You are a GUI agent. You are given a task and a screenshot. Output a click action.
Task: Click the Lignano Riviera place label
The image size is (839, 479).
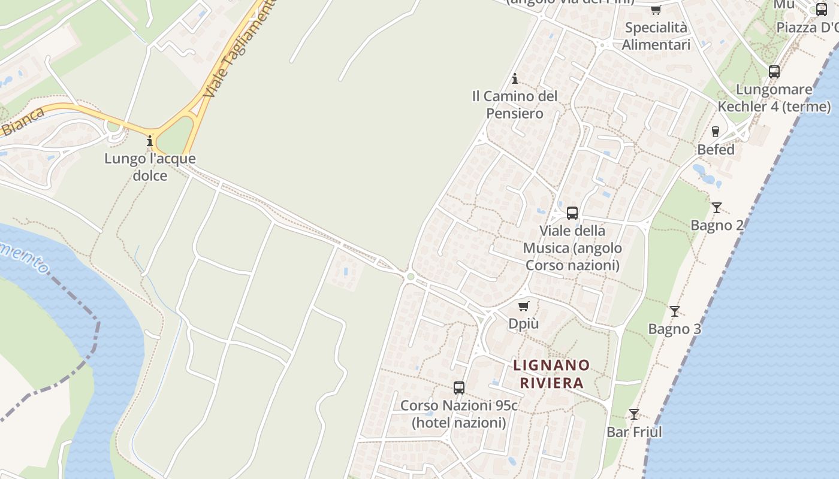pos(551,374)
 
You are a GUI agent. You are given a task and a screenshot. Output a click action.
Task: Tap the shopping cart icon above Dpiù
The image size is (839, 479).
pos(524,307)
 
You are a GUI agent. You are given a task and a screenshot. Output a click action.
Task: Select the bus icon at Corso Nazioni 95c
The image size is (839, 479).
pos(459,387)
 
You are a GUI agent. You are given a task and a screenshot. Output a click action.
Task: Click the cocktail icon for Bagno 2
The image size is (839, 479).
pos(717,208)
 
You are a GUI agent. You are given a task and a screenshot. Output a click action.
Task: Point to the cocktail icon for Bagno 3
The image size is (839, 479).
pos(675,311)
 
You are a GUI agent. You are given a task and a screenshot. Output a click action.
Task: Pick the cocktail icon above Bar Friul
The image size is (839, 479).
pos(634,414)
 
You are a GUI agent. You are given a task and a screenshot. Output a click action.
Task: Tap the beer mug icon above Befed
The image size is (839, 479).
pos(715,132)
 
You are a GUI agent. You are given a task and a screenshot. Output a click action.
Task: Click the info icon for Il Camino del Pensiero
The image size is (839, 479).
pos(514,78)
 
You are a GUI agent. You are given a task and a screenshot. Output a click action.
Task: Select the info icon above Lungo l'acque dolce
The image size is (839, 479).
pos(150,141)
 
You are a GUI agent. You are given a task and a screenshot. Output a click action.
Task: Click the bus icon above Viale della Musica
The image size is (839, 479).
pos(572,213)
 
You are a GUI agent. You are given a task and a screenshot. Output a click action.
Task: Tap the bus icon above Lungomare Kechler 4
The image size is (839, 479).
pos(774,72)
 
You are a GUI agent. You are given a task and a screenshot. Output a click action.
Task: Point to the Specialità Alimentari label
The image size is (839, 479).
pos(656,36)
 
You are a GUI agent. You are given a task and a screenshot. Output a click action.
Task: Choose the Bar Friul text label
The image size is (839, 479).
pos(634,432)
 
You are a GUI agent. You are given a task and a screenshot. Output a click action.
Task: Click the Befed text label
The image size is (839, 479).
pos(716,150)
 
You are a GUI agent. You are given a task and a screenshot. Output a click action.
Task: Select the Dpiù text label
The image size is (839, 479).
pos(524,324)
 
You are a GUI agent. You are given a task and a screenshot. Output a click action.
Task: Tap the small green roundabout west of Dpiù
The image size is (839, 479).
pos(411,277)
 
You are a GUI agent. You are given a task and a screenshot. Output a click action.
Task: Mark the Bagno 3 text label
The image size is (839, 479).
pos(675,329)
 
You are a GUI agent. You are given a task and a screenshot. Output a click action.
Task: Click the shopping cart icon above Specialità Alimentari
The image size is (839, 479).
pos(656,10)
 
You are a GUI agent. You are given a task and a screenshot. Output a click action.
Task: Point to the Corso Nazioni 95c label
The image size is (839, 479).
pos(459,414)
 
